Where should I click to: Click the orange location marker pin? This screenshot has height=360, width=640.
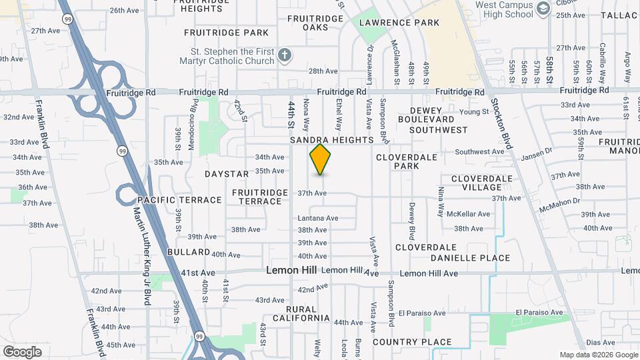[321, 159]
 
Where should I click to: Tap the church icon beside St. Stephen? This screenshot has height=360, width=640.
[285, 55]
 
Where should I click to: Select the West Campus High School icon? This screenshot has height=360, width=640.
[543, 8]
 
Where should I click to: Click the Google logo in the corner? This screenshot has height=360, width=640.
[22, 351]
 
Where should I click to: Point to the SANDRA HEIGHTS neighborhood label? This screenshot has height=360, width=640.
[331, 141]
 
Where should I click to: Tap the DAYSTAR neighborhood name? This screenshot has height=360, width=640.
[226, 174]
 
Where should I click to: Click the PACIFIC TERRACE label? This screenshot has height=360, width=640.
[179, 200]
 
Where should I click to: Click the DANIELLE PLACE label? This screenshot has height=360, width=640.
[470, 258]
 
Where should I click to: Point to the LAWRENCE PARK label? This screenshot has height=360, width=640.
[399, 23]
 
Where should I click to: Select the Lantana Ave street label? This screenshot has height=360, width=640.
[318, 218]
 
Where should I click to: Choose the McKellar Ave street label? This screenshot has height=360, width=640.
[468, 214]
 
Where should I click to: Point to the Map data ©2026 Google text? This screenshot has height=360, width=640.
[598, 355]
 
